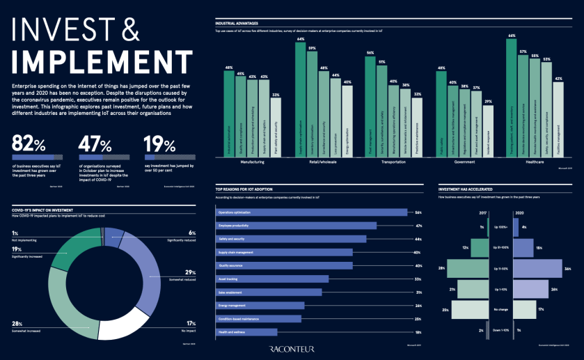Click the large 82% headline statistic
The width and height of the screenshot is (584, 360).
point(28,144)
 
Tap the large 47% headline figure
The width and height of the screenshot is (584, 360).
point(93,144)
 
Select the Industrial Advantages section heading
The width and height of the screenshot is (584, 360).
point(237,24)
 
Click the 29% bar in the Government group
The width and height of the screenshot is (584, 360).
point(488,130)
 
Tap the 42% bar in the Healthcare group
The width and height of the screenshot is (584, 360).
point(558,119)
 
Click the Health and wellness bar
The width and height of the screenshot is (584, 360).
point(247,332)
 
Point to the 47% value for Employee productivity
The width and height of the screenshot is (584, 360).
point(418,226)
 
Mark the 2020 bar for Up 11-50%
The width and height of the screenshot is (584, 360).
point(538,268)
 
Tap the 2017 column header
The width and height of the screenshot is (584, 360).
point(482,213)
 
